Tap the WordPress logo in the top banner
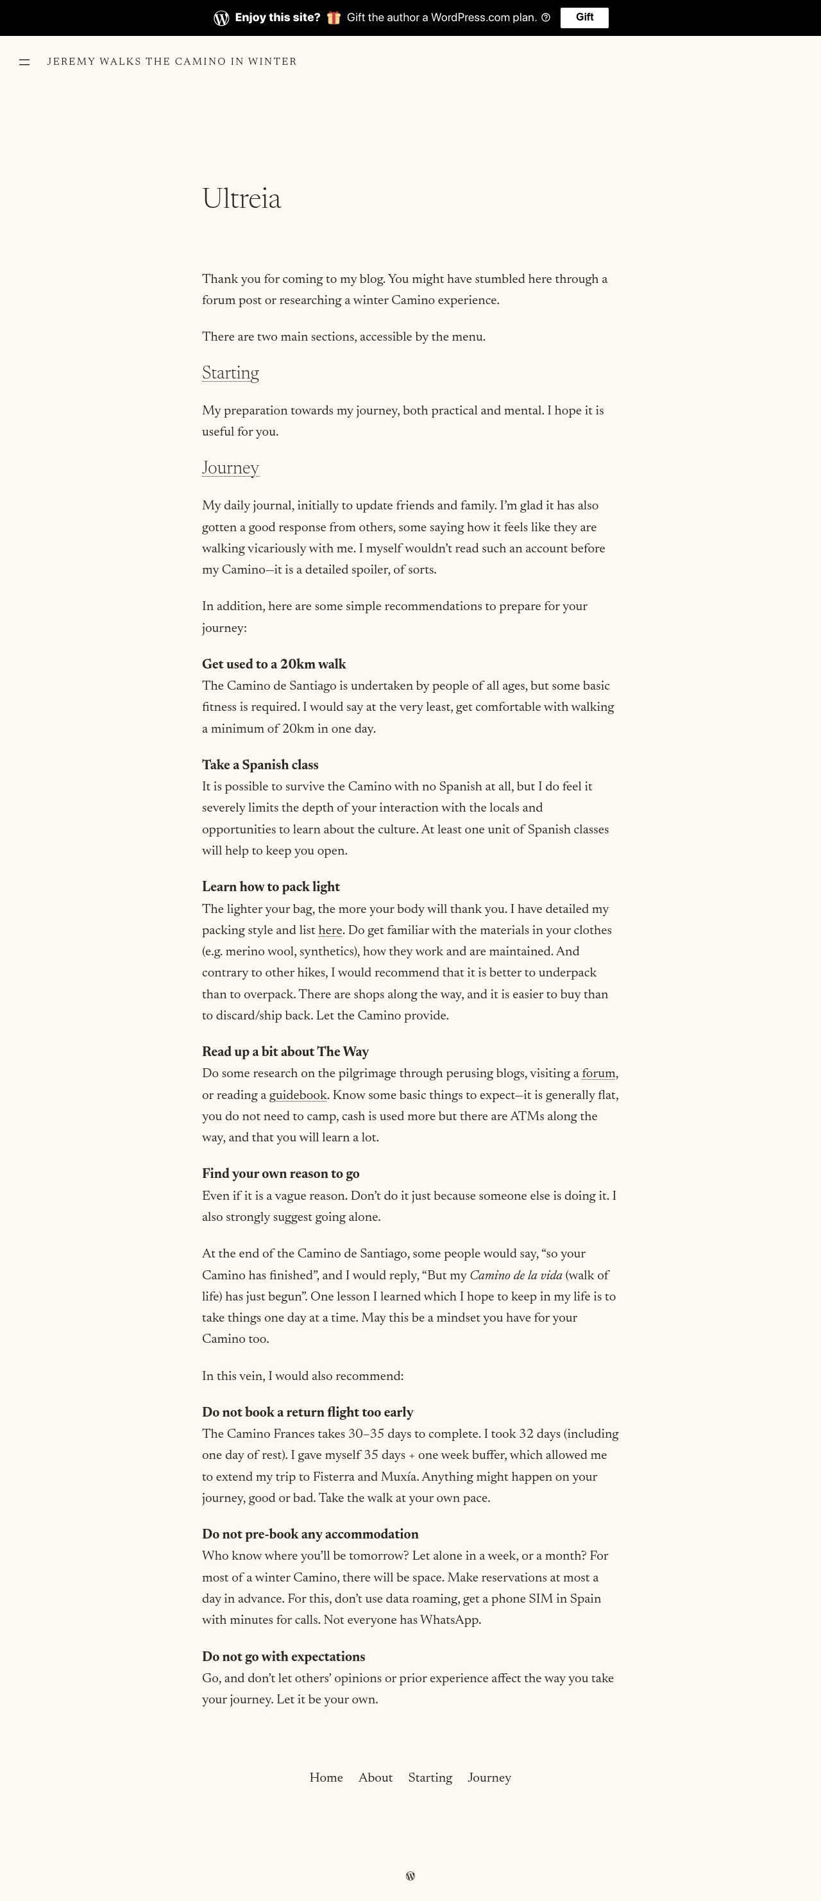pyautogui.click(x=221, y=19)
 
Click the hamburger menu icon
pyautogui.click(x=24, y=62)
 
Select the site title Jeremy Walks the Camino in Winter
pyautogui.click(x=172, y=61)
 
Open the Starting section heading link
pyautogui.click(x=230, y=373)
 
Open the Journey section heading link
pyautogui.click(x=230, y=468)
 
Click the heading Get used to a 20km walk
pyautogui.click(x=274, y=664)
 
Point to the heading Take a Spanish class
pyautogui.click(x=260, y=765)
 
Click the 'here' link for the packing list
pyautogui.click(x=330, y=930)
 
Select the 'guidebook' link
pyautogui.click(x=297, y=1095)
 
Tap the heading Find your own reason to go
pyautogui.click(x=280, y=1174)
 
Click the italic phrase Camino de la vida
pyautogui.click(x=515, y=1275)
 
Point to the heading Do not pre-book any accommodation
pyautogui.click(x=310, y=1534)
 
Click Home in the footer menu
pyautogui.click(x=326, y=1778)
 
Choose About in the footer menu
pyautogui.click(x=375, y=1778)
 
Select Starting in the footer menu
pyautogui.click(x=430, y=1778)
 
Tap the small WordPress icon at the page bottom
pyautogui.click(x=410, y=1876)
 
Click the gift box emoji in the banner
pyautogui.click(x=334, y=18)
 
